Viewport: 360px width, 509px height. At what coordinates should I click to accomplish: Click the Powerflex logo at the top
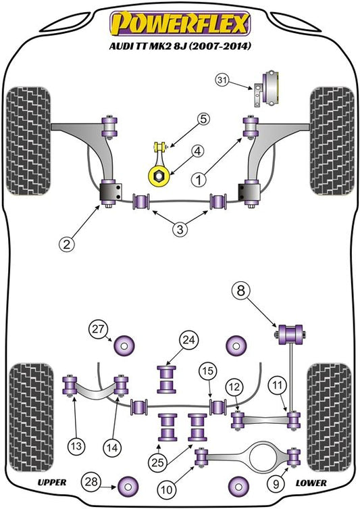(x=180, y=23)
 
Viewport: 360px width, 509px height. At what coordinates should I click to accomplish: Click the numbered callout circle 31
(x=222, y=80)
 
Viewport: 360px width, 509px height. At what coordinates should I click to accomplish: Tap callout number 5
(x=203, y=119)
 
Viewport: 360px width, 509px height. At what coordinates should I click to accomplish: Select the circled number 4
(x=198, y=151)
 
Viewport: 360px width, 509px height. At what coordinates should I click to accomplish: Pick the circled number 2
(x=66, y=244)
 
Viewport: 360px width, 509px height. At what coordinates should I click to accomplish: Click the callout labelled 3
(x=180, y=229)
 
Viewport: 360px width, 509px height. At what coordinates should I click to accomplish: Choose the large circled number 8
(x=241, y=291)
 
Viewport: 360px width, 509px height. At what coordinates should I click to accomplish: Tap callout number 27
(x=98, y=329)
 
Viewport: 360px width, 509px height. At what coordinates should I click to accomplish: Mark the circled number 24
(x=189, y=340)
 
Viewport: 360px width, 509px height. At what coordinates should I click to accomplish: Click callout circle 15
(x=208, y=370)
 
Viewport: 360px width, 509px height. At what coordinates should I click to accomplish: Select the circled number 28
(x=91, y=481)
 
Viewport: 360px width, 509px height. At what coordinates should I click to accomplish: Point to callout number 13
(x=76, y=446)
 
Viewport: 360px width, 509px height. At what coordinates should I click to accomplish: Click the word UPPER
(x=52, y=483)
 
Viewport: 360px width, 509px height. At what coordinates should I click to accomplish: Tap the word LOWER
(x=311, y=483)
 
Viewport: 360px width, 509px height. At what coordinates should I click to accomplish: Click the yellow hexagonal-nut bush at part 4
(x=159, y=176)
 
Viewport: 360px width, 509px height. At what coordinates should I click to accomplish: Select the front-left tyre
(x=28, y=141)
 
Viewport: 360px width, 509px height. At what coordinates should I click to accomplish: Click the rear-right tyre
(x=330, y=418)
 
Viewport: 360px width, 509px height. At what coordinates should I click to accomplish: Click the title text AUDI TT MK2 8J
(x=148, y=46)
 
